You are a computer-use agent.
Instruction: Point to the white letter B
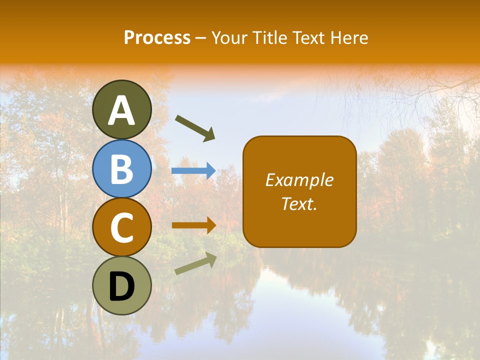(121, 169)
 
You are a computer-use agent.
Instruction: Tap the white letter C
(121, 228)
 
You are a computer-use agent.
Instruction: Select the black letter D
(121, 286)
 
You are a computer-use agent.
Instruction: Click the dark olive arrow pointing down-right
(195, 128)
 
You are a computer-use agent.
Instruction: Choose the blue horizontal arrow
(193, 171)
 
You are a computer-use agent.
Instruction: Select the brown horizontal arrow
(193, 225)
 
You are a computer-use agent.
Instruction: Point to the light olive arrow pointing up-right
(195, 263)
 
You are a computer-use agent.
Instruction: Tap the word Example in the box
(299, 180)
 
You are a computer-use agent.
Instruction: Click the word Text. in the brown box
(299, 204)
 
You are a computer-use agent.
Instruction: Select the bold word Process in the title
(157, 38)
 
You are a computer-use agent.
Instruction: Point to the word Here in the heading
(349, 38)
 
